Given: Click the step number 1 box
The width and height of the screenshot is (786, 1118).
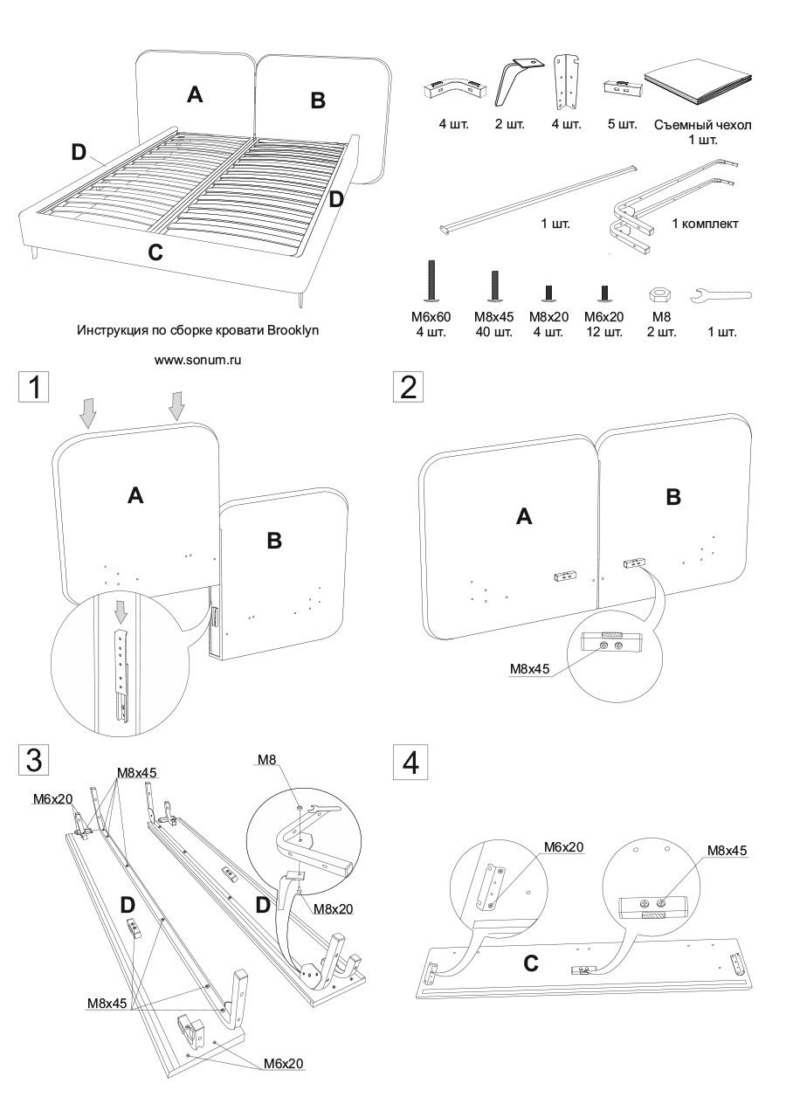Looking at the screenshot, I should click(x=34, y=387).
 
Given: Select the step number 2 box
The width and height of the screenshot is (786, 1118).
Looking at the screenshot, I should click(x=407, y=387).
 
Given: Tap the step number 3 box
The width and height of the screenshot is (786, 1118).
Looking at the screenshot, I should click(x=34, y=759).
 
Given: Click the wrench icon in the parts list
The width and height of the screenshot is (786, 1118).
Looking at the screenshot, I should click(x=720, y=298).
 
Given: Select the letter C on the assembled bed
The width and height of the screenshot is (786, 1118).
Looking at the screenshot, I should click(x=155, y=253).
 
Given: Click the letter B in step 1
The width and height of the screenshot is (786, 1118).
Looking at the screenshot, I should click(x=274, y=541).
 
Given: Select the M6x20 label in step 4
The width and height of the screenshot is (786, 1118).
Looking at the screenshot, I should click(x=563, y=846).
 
